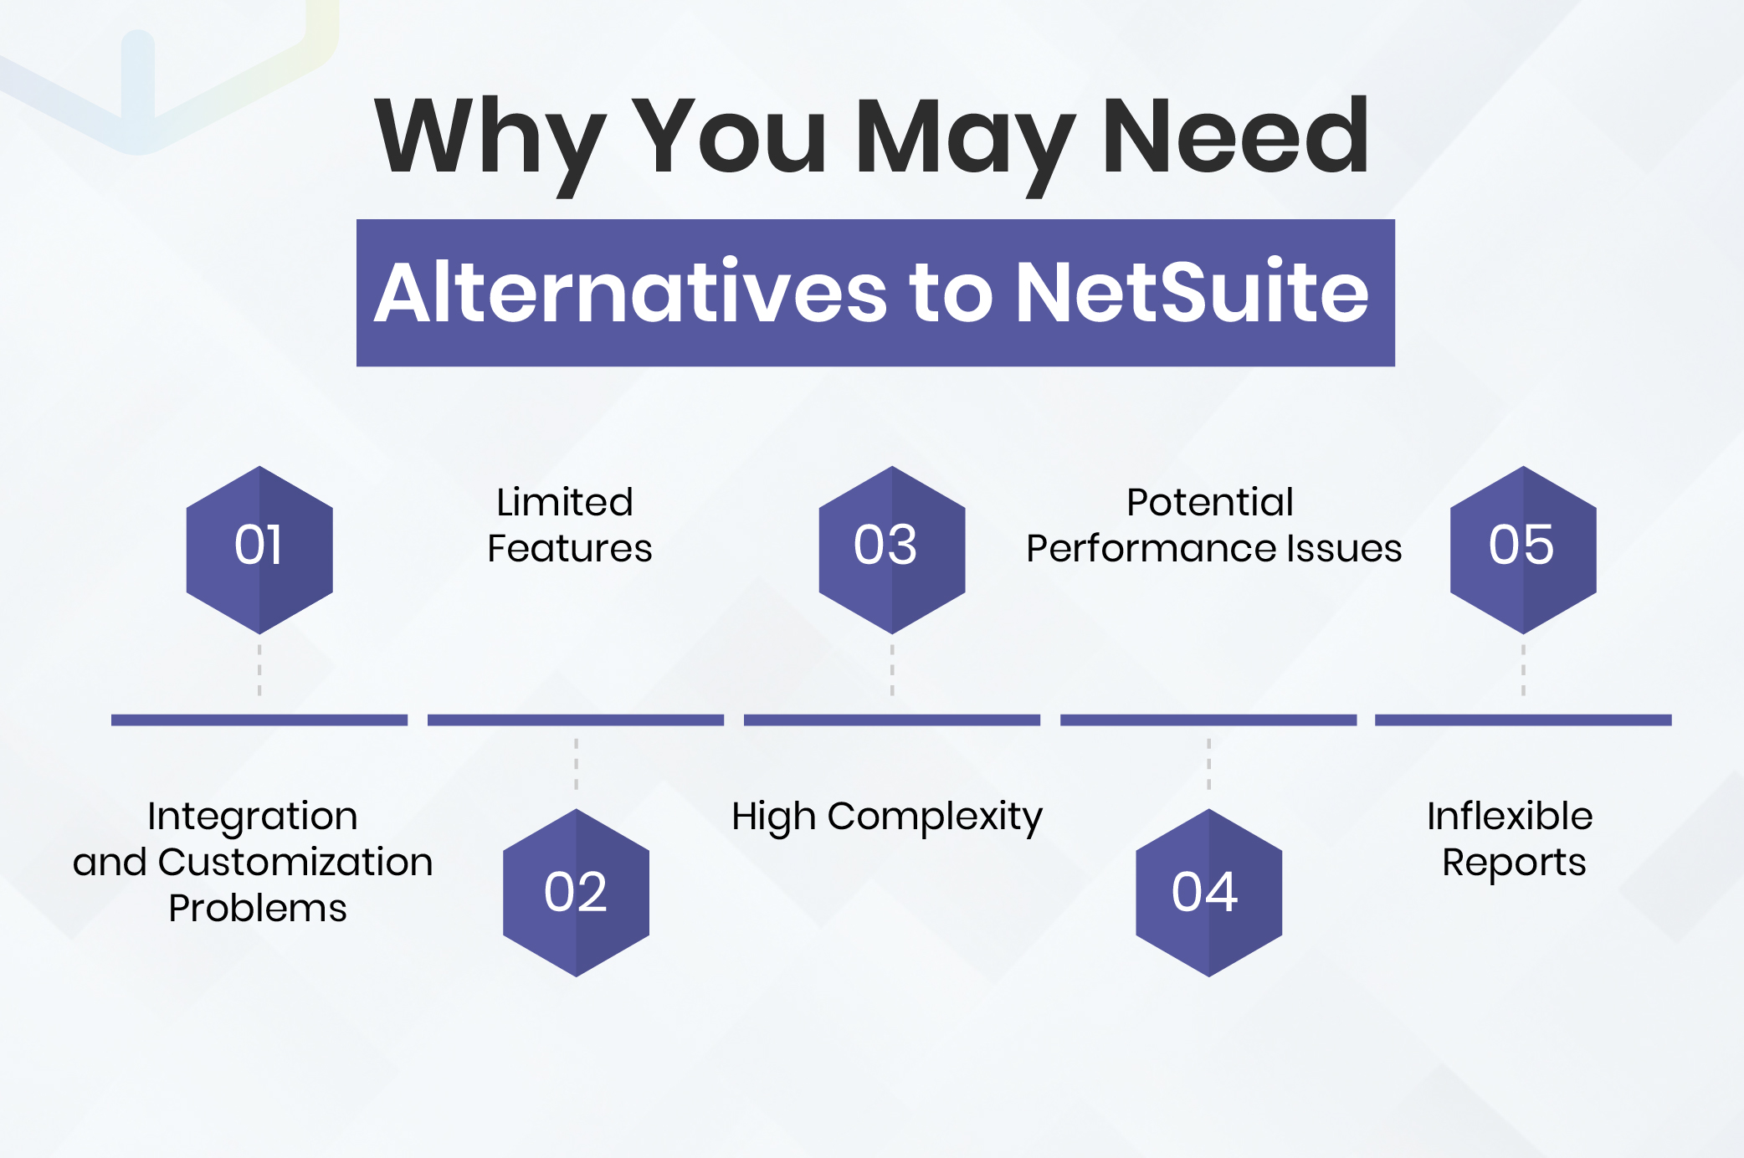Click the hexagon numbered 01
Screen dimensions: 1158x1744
click(259, 549)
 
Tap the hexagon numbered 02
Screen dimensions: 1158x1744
click(576, 892)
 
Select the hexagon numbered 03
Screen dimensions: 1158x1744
click(892, 549)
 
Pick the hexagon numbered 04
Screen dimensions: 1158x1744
click(1208, 892)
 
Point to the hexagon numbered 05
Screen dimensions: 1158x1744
click(1523, 549)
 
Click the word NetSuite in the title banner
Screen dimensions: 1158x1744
click(1192, 292)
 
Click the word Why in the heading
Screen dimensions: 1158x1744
click(490, 138)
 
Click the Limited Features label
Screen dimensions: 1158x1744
click(569, 525)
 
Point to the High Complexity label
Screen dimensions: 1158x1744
click(887, 817)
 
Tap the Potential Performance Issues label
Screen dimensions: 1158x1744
click(1213, 525)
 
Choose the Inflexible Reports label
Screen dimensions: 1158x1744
click(1511, 839)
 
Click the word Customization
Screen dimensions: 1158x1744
click(295, 863)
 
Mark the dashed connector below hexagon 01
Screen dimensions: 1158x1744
click(259, 669)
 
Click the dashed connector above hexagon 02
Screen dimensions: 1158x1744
click(576, 764)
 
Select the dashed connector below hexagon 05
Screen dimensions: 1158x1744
click(1523, 669)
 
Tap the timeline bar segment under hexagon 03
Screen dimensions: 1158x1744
click(892, 720)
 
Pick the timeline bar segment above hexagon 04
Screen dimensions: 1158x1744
click(1208, 720)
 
